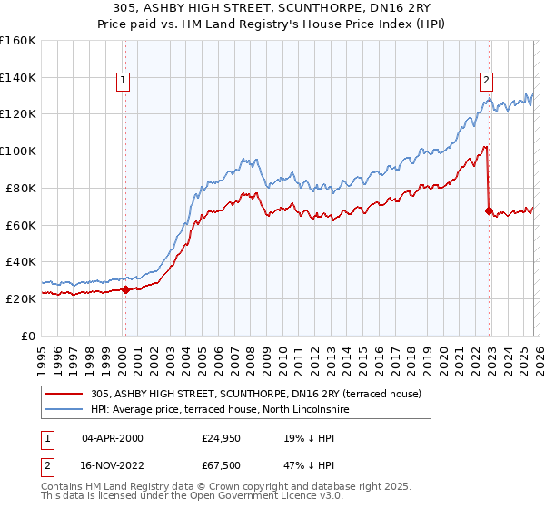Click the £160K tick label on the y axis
coord(18,41)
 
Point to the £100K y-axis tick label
coord(18,151)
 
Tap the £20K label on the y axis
coord(21,298)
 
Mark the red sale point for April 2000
coord(125,290)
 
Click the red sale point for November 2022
coord(490,211)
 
